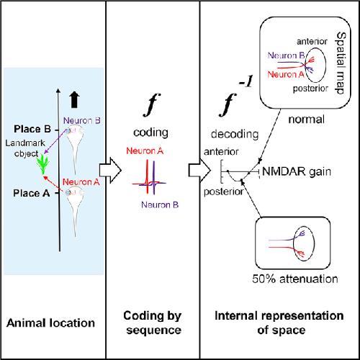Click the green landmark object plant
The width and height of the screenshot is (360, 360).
(43, 164)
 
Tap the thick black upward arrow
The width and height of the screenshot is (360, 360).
(74, 99)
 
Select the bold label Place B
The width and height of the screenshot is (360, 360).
(32, 129)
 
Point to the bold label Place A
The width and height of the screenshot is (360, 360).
(32, 193)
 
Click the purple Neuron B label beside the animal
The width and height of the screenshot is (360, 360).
(82, 120)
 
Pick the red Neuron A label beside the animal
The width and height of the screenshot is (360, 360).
(81, 182)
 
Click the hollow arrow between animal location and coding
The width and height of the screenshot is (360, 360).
(110, 171)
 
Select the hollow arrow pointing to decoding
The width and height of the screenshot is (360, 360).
(199, 171)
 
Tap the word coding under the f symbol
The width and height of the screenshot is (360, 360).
(150, 132)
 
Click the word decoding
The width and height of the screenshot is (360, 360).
(235, 134)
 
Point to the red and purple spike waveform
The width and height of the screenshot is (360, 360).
(149, 177)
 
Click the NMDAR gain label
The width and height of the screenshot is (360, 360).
(297, 172)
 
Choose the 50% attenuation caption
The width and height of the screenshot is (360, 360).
(295, 279)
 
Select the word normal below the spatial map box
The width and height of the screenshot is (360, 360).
(307, 120)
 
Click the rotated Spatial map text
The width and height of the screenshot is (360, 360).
(341, 63)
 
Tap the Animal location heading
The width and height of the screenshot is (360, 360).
(50, 323)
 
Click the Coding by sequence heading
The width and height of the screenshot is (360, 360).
(153, 323)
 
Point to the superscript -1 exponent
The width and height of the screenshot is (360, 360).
(246, 81)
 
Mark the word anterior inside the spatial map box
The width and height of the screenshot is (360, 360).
(312, 42)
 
